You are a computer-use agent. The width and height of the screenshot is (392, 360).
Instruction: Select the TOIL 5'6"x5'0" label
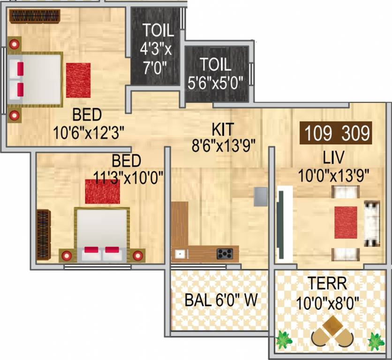216,74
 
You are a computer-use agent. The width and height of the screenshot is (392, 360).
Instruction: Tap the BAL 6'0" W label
221,300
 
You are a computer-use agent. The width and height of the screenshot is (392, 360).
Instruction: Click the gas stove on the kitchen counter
225,254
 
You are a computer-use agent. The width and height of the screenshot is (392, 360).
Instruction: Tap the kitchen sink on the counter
179,254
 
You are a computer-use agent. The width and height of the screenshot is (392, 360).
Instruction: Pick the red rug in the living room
346,222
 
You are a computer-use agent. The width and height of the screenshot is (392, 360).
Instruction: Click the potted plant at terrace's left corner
283,340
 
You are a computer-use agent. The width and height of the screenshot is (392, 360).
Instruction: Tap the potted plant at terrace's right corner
376,341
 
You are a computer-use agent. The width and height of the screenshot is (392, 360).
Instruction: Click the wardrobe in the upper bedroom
35,17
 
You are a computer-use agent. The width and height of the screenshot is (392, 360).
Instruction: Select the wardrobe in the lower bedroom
43,234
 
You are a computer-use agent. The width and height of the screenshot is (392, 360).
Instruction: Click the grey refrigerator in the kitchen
261,196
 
